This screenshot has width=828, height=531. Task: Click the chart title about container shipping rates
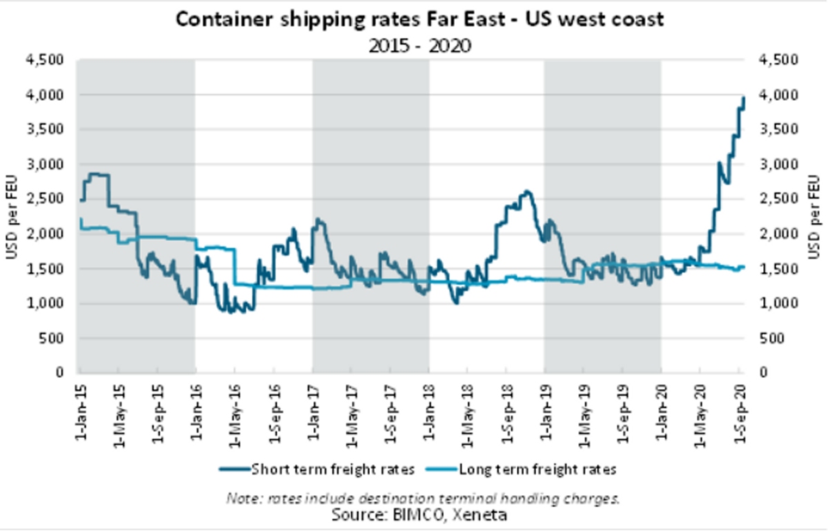[x=419, y=19]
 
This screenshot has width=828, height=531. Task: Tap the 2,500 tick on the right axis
[x=778, y=199]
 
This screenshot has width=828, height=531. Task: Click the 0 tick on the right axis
[x=762, y=373]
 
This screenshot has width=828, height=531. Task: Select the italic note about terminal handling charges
[x=419, y=498]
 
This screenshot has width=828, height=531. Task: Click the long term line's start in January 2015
[x=80, y=219]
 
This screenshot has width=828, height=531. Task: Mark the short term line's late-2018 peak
[x=526, y=192]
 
